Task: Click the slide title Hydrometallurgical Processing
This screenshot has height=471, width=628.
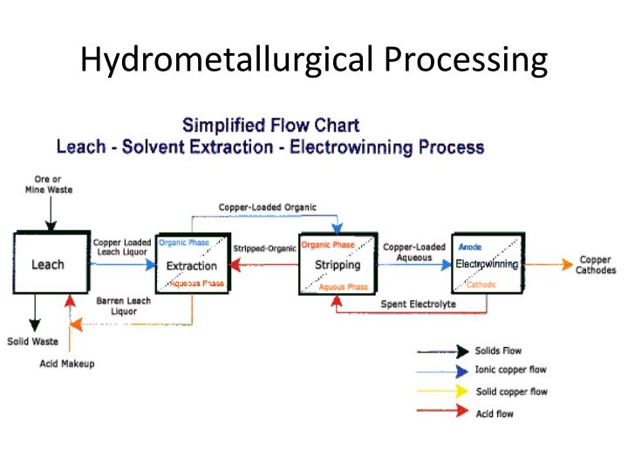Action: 314,59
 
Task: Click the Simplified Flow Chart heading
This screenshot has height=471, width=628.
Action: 270,126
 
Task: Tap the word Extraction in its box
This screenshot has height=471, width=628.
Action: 191,265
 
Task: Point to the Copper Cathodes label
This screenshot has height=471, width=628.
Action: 595,265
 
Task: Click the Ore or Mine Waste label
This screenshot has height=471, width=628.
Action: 48,184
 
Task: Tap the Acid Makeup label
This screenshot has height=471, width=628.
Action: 67,363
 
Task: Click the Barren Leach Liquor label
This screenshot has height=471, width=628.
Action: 123,305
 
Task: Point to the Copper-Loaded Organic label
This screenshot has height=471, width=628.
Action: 267,207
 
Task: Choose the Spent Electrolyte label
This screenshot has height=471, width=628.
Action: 418,304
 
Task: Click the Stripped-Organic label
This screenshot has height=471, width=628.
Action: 264,249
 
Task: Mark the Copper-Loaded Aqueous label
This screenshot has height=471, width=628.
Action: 414,252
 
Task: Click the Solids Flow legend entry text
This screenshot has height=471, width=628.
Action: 498,351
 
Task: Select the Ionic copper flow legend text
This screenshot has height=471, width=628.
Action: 510,370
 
